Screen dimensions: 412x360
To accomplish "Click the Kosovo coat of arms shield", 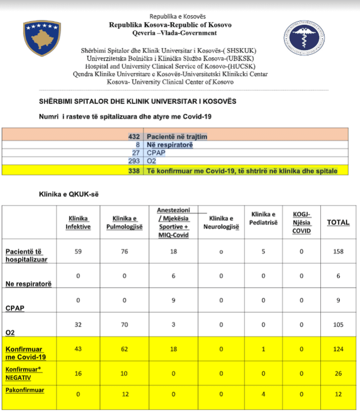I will [42, 38].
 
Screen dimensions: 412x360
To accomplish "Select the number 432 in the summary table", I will [134, 137].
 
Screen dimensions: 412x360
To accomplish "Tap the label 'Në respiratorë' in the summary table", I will [170, 145].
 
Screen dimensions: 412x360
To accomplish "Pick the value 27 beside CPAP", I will [136, 153].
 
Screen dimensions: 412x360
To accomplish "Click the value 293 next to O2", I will [134, 161].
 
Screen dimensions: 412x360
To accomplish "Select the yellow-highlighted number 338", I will [134, 171].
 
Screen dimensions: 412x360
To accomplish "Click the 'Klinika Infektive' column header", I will [78, 223].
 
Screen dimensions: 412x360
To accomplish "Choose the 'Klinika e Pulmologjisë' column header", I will [124, 223].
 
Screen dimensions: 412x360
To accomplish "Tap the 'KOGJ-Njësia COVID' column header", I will [302, 223].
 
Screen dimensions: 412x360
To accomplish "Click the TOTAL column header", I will [338, 223].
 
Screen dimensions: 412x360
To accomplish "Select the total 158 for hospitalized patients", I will [338, 252].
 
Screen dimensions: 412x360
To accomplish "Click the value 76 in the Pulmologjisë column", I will [124, 252].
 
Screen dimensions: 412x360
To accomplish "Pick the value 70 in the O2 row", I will [124, 325].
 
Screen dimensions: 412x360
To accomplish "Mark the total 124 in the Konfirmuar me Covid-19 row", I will [338, 349].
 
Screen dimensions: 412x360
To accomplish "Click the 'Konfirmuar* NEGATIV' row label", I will [24, 373].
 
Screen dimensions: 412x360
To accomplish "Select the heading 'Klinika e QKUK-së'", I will [69, 195].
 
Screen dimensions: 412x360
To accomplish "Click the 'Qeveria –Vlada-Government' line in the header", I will [174, 33].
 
